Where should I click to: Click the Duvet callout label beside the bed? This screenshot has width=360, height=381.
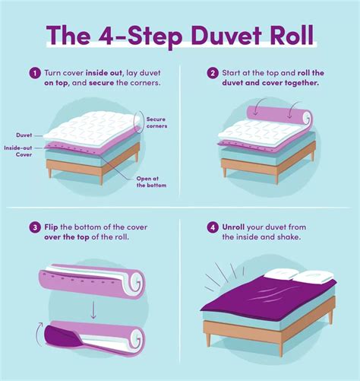click(x=24, y=135)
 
